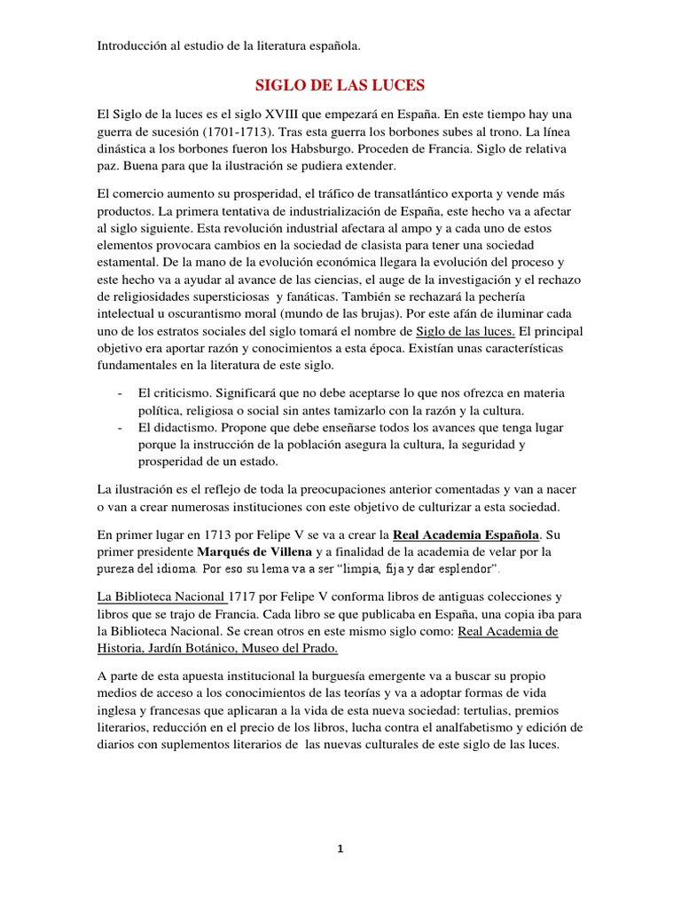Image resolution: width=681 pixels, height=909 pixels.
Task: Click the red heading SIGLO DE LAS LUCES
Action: pyautogui.click(x=340, y=85)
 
